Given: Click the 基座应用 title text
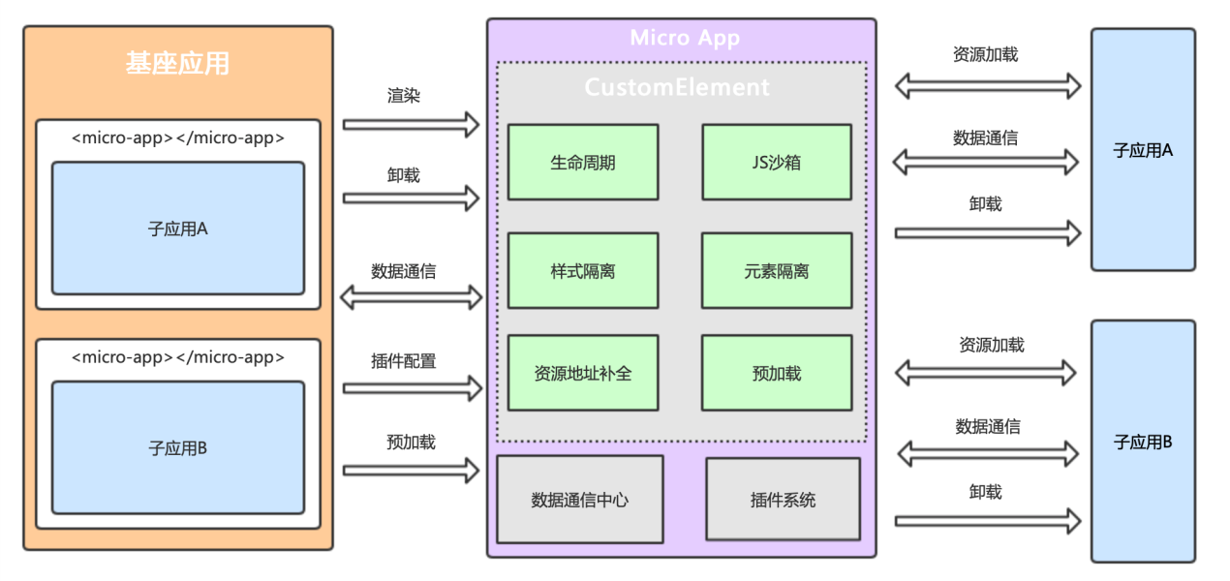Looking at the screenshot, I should (177, 63).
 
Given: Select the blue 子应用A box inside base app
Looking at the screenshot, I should (177, 229).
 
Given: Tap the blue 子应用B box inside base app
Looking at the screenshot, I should (177, 447).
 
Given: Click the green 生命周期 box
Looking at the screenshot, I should (582, 162).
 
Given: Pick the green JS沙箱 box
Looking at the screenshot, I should (777, 162).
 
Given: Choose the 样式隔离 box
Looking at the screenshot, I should (582, 271).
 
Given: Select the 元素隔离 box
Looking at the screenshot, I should (777, 271).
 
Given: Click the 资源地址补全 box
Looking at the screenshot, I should (582, 373).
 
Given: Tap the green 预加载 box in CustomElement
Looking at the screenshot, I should (777, 373).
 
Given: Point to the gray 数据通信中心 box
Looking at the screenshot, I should (579, 500).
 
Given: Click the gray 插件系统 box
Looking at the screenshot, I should (783, 500).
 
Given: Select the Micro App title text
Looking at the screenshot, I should (684, 38).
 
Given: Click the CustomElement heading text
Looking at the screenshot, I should (676, 87).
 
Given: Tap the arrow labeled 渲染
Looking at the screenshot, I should (411, 124).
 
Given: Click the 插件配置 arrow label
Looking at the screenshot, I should (403, 361).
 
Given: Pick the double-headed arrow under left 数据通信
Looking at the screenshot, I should (411, 297).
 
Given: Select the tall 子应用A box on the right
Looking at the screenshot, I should (1143, 150).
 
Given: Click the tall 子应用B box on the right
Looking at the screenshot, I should (1143, 442).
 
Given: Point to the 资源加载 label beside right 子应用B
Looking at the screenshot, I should (991, 345).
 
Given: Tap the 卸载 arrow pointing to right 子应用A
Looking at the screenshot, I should (986, 232).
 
